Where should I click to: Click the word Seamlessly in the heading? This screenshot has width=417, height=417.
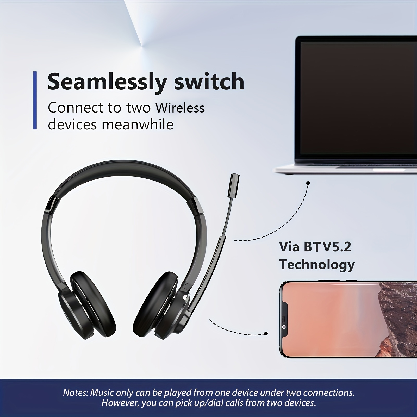107,82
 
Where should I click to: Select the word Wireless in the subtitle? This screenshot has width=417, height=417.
180,108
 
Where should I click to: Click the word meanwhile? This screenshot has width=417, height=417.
138,125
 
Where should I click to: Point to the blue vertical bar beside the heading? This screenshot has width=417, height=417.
35,100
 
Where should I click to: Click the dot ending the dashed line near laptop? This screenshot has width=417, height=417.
308,183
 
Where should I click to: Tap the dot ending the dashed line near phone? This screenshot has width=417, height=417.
266,333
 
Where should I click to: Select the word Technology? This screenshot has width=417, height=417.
317,265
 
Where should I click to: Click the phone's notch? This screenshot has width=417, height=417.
284,319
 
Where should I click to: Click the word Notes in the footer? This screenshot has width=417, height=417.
75,393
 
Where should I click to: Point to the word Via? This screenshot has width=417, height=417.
289,247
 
